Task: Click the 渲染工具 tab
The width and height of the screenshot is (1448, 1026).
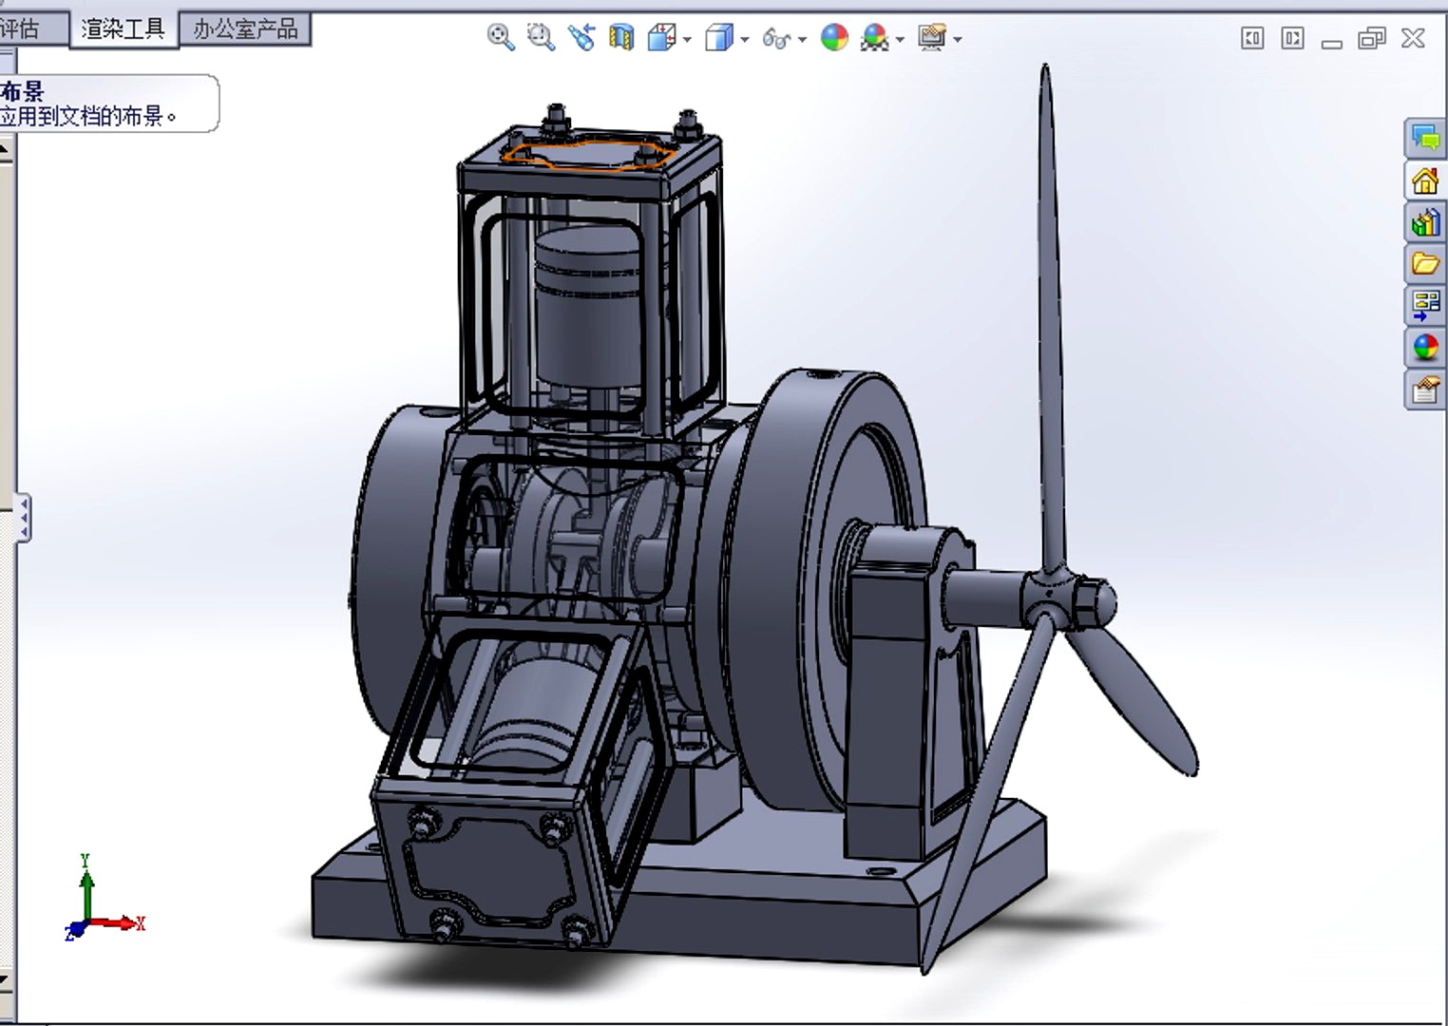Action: (x=123, y=29)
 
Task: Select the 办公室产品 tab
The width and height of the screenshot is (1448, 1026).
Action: (x=245, y=29)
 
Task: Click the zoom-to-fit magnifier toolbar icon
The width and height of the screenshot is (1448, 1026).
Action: (x=500, y=38)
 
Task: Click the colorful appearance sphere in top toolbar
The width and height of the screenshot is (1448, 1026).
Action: (x=833, y=38)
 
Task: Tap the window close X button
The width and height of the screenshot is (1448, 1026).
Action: (x=1413, y=38)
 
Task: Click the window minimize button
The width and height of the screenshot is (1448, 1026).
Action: (x=1331, y=40)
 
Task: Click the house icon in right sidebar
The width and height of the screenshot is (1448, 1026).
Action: (x=1424, y=180)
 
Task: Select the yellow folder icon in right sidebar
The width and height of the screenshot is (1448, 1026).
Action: (x=1424, y=263)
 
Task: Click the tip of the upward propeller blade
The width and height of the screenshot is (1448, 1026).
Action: (x=1045, y=76)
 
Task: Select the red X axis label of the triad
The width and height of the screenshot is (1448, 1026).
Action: (x=140, y=923)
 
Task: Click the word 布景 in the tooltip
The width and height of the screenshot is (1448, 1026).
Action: (x=23, y=92)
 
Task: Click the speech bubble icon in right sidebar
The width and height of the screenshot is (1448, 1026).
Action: (x=1424, y=138)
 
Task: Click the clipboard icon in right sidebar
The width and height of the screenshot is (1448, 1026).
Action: (x=1424, y=389)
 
